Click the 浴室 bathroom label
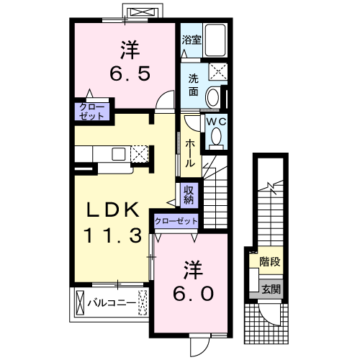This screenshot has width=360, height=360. (x=192, y=40)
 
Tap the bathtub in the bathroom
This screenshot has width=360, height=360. (x=215, y=40)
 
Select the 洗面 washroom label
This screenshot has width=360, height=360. (x=193, y=85)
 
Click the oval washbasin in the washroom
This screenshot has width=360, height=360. (x=213, y=98)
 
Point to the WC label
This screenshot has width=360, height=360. (x=217, y=122)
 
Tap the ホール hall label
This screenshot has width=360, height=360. (x=189, y=153)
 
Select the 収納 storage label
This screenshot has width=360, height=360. (x=189, y=195)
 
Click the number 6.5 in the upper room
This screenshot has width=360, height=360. (x=130, y=73)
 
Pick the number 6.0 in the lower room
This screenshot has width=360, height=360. (x=193, y=294)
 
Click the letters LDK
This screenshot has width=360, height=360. (x=113, y=210)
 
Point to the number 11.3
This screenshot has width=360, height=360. (x=113, y=235)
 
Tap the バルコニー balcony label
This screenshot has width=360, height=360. (x=112, y=303)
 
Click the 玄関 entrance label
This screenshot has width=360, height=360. (x=271, y=289)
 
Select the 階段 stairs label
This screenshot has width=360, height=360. (x=270, y=261)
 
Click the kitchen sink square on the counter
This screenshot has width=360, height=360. (x=119, y=154)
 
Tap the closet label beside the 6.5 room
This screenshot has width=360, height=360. (x=92, y=112)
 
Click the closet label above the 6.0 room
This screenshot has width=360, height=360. (x=176, y=221)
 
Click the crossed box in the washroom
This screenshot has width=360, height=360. (x=218, y=71)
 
